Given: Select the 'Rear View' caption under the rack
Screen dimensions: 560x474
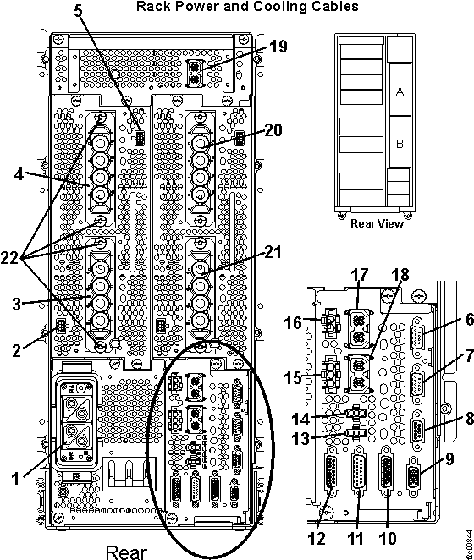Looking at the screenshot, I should point(377,223).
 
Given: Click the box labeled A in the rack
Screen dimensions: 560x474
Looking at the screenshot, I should point(400,92).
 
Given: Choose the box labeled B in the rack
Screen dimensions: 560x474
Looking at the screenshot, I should point(400,145).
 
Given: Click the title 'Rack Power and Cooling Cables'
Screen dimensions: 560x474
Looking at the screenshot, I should point(235,7).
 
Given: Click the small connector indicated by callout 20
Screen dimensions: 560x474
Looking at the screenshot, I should point(240,137).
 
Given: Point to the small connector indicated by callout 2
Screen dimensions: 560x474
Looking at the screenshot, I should point(60,327).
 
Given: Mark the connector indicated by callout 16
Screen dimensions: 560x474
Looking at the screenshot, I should point(333,323).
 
